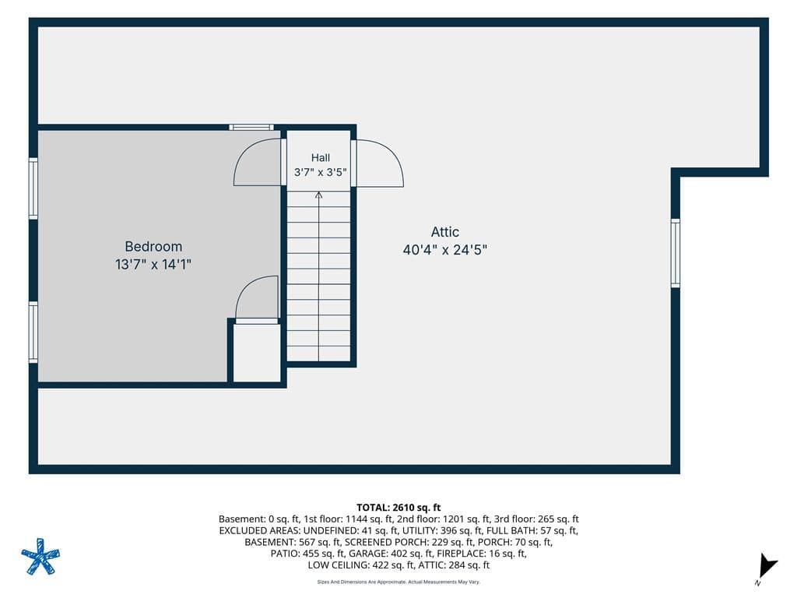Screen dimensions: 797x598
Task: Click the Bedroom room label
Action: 153,247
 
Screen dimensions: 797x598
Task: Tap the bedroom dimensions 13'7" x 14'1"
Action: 153,265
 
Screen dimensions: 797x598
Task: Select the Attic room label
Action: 445,232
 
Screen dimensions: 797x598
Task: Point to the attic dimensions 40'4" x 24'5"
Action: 445,250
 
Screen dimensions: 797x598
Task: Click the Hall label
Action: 320,157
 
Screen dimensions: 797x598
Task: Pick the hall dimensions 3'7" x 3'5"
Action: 320,172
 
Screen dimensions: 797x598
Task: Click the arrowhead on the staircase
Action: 318,195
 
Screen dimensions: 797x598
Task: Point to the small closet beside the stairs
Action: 257,353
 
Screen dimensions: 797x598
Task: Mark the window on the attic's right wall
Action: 676,253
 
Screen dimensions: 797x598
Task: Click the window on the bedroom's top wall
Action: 251,127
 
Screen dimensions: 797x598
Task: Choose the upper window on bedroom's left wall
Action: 33,188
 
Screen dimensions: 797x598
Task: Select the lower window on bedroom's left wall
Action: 33,332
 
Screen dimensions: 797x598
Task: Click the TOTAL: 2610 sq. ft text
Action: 398,508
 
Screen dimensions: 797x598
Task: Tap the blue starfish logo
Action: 40,557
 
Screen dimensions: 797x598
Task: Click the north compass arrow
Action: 767,565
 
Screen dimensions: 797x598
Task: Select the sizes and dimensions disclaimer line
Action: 398,582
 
